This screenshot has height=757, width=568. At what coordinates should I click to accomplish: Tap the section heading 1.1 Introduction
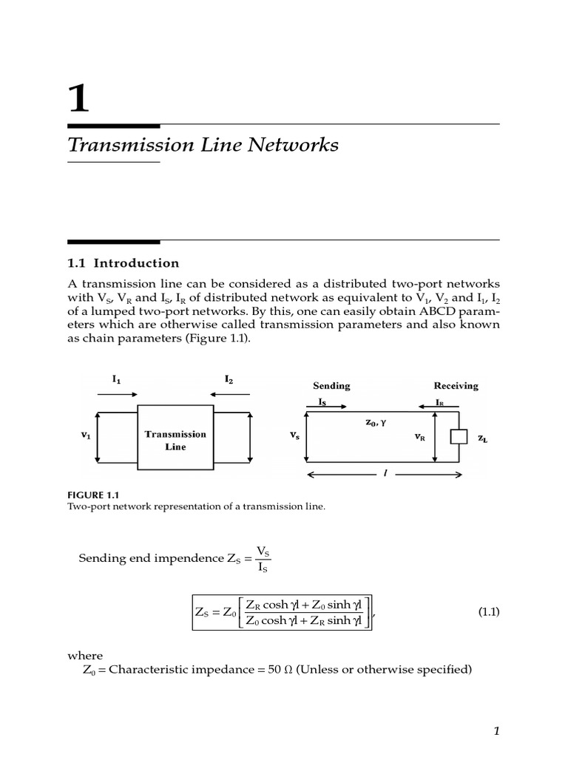124,263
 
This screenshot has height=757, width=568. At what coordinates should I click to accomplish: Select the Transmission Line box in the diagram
175,441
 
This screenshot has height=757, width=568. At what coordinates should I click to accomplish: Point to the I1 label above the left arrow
117,379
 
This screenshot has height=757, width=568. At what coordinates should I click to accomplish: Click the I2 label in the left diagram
229,379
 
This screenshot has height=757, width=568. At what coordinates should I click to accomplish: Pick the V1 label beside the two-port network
86,436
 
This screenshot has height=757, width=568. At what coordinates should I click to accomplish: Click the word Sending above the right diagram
331,386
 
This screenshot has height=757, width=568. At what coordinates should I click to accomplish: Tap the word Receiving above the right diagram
456,386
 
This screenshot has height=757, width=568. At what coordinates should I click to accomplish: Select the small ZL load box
459,436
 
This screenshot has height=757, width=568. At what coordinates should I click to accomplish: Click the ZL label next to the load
482,438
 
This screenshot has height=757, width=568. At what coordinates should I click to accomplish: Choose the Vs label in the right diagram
295,436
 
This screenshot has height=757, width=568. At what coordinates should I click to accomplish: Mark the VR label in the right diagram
420,437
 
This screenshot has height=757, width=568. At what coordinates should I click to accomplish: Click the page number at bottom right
498,731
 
